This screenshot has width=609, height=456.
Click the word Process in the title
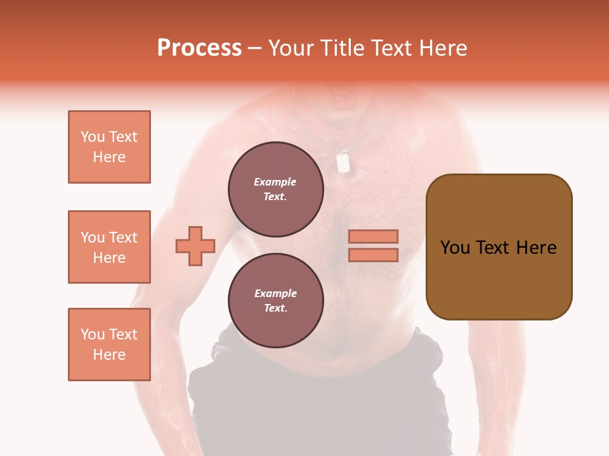[199, 48]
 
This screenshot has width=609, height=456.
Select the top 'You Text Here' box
[109, 147]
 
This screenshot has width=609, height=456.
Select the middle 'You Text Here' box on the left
[109, 247]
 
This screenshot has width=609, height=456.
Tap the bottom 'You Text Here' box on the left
[109, 345]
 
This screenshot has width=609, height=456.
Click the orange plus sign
[195, 246]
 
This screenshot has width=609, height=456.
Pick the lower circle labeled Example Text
[275, 300]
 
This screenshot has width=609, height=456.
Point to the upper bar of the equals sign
[374, 236]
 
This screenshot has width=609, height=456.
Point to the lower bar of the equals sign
[374, 255]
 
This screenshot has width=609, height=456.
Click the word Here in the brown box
[536, 248]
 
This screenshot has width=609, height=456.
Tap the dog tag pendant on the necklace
[343, 163]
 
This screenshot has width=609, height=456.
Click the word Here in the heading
[443, 48]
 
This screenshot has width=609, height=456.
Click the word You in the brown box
[455, 248]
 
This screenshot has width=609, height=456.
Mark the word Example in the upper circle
[275, 182]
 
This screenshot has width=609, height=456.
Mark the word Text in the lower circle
[275, 308]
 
